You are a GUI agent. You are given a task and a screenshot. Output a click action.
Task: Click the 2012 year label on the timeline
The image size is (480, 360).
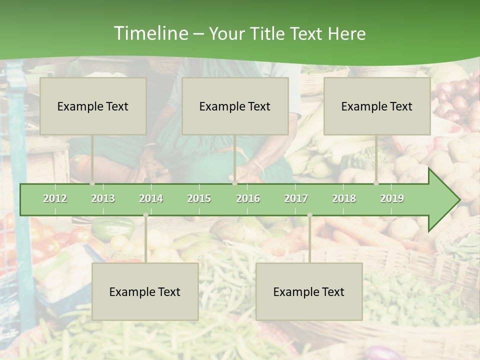pos(55,198)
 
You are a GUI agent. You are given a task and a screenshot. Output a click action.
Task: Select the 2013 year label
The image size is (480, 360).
pos(103,198)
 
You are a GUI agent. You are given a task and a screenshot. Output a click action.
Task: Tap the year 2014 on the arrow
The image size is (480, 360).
pos(151,198)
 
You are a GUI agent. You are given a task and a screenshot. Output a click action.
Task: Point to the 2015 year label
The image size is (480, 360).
pos(199,198)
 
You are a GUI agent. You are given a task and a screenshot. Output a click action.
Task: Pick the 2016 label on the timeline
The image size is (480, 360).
pos(248,198)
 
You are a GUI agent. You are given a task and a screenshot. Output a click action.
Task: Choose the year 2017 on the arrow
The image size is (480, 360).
pos(296,198)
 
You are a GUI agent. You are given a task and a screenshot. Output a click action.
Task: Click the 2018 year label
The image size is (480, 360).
pos(344,198)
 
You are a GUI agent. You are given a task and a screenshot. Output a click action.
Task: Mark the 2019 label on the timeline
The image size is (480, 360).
pos(392,198)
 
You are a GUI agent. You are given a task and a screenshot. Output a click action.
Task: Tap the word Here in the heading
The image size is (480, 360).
pos(346,33)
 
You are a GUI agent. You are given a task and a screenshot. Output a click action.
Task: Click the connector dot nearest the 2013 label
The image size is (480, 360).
pos(92,183)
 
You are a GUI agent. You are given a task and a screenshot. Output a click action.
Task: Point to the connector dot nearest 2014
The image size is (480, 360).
pos(145,215)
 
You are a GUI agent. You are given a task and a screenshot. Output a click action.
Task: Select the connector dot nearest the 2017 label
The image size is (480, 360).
pos(309,215)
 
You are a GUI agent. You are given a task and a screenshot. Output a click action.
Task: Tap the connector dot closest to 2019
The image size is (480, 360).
pos(376,183)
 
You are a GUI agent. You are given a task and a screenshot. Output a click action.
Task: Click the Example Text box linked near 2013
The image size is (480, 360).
pos(93,106)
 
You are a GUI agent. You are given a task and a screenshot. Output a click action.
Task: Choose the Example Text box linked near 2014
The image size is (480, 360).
pos(145,291)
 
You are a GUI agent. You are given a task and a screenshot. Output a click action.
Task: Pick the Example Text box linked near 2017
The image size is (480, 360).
pos(309,291)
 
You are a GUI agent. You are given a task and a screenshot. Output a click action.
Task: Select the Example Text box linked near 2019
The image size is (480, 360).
pos(377,106)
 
